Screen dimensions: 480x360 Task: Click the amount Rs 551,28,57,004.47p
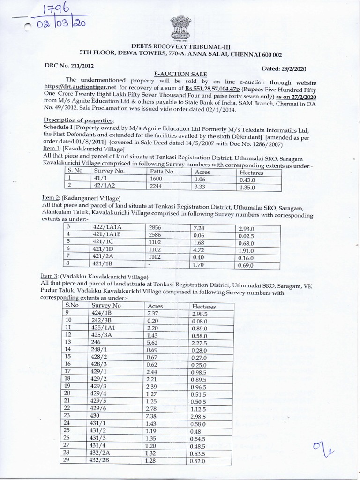[x=200, y=87]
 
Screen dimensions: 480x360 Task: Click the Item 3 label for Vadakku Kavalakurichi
[x=50, y=276]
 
